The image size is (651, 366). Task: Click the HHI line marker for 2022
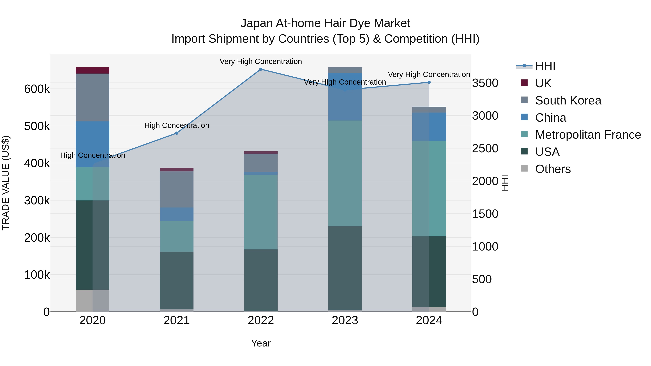(x=261, y=69)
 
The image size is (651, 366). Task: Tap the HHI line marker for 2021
(x=177, y=133)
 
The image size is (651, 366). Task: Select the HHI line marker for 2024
(x=429, y=82)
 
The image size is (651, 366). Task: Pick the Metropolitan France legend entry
(x=588, y=135)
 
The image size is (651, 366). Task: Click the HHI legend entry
(x=545, y=66)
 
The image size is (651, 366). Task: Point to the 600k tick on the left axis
(x=37, y=89)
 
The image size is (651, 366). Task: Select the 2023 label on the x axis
(x=345, y=320)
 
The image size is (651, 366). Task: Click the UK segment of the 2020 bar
(x=92, y=70)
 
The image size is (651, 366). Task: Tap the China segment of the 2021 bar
(x=177, y=214)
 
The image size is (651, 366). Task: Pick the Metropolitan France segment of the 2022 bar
(x=261, y=212)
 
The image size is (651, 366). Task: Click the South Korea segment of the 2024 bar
(x=429, y=110)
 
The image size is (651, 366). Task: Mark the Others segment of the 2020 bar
(x=92, y=301)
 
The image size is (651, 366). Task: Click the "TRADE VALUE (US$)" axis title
(x=6, y=183)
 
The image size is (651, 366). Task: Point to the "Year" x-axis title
(x=261, y=343)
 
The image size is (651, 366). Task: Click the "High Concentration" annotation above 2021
(x=177, y=126)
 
